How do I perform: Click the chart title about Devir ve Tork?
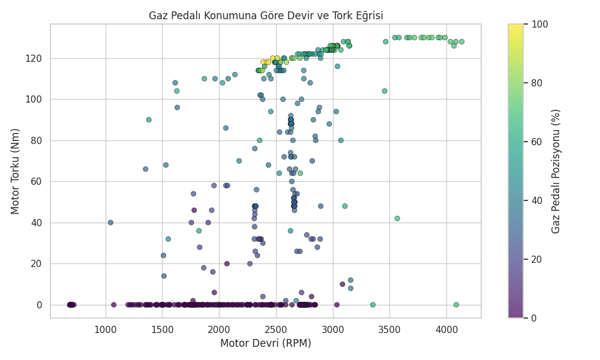pos(266,16)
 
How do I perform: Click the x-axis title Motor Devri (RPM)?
pos(266,343)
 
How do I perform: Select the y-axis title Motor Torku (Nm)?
pos(16,171)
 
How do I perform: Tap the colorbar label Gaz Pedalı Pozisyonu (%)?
pos(556,171)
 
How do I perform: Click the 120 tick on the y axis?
pos(37,58)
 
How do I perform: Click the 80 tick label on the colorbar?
pos(535,83)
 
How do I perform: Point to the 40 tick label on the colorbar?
pos(535,200)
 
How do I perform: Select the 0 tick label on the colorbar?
pos(533,318)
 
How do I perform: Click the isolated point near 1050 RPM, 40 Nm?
pos(110,223)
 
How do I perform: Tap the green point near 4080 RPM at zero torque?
pos(456,305)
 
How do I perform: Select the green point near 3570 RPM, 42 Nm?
pos(397,218)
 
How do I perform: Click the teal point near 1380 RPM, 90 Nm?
pos(149,120)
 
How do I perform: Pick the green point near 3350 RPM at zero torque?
pos(373,305)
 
